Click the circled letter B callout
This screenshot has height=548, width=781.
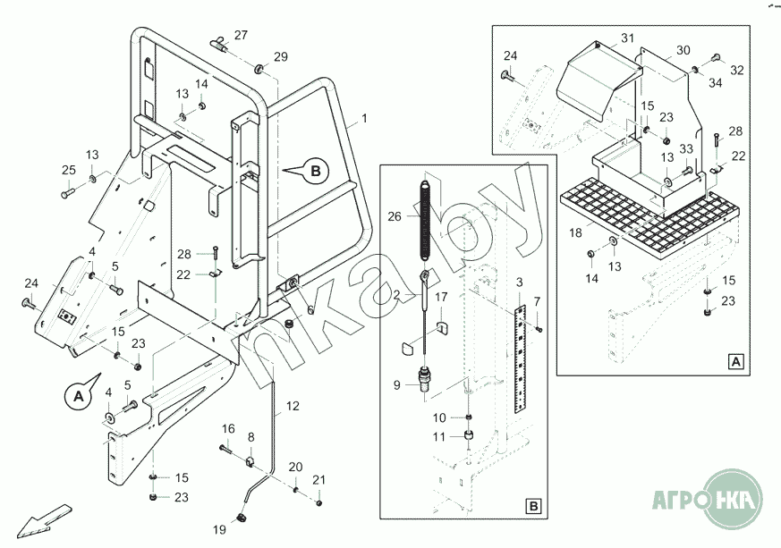[x=315, y=169]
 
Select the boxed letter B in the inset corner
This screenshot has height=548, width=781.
[x=533, y=507]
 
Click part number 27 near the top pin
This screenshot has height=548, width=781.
[x=241, y=35]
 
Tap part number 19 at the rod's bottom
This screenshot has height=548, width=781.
[x=220, y=530]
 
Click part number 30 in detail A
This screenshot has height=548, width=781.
[x=683, y=50]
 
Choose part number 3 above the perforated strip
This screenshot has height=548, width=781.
[x=520, y=283]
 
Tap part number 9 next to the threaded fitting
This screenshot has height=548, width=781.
[x=398, y=385]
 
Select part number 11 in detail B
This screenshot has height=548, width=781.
[x=439, y=436]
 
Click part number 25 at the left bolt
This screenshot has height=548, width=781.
[x=69, y=170]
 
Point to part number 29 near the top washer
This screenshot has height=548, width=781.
[x=281, y=57]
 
